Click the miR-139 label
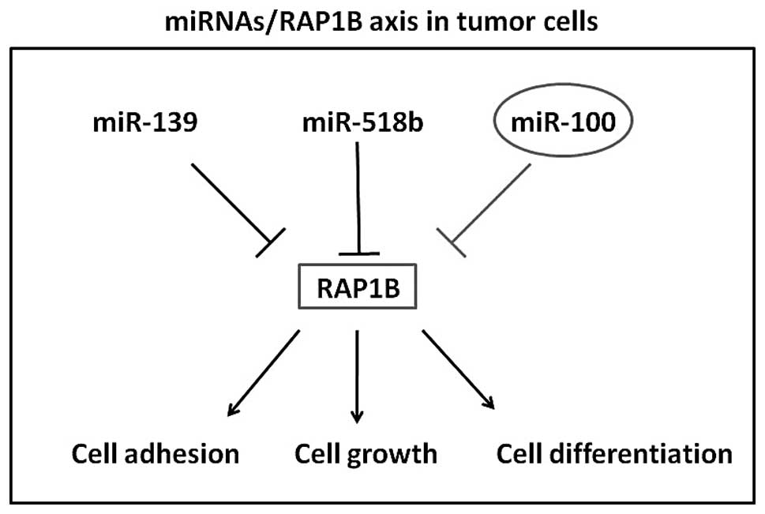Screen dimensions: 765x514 [x=145, y=122]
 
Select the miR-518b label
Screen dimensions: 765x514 [x=362, y=122]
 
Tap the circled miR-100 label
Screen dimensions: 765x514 [x=563, y=120]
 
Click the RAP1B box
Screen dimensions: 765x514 [x=357, y=287]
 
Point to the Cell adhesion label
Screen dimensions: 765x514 [x=156, y=453]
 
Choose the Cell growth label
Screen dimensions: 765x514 [x=366, y=455]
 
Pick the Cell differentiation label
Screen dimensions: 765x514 [x=614, y=453]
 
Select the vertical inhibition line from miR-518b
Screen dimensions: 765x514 [x=358, y=197]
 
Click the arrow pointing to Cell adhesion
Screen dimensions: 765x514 [x=264, y=373]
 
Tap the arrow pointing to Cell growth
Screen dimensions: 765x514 [x=357, y=377]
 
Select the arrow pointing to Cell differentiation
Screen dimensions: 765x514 [x=459, y=370]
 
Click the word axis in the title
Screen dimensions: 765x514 [x=393, y=21]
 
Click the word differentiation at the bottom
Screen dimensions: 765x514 [x=640, y=453]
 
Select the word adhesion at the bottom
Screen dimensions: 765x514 [x=182, y=453]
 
